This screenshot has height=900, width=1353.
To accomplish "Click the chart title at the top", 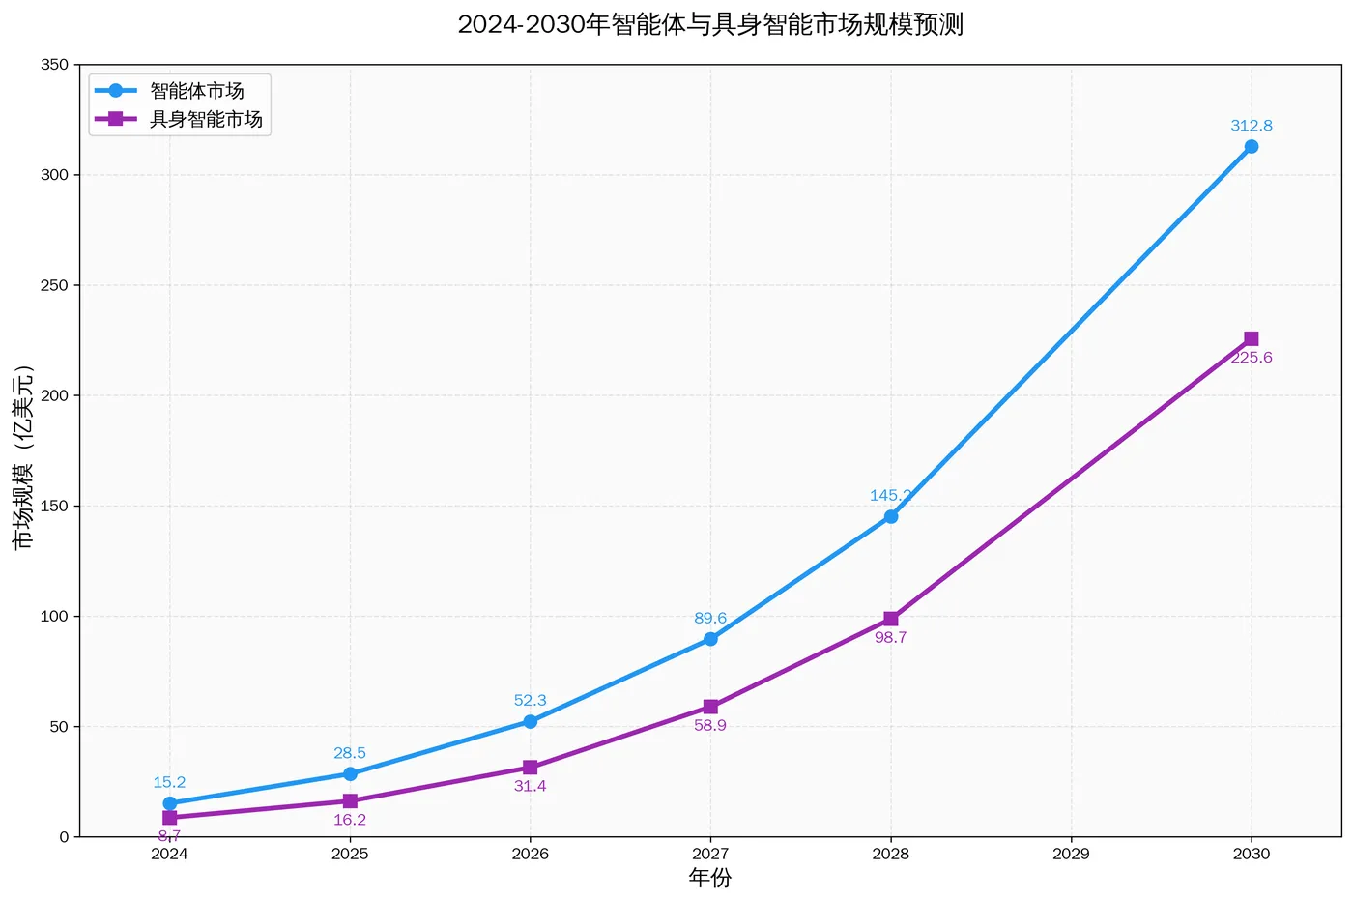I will pos(710,24).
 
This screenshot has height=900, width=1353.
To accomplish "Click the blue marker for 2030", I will pos(1252,147).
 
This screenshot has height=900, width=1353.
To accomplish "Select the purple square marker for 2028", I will pos(891,619).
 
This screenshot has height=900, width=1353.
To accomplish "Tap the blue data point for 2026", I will pos(531,721).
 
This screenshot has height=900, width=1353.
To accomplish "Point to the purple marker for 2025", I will pos(350,801).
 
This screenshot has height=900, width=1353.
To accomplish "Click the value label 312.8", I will pos(1252,126).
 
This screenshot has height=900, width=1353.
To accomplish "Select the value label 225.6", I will pos(1252,358).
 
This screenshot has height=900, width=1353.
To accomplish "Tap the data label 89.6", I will pos(710,619).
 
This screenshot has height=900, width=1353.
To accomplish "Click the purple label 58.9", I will pos(710,726).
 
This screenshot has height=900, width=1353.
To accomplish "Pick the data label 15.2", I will pos(169,783).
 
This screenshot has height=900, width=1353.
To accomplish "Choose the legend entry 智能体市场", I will pos(197,91).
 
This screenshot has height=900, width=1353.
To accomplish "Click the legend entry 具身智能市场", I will pos(206,120).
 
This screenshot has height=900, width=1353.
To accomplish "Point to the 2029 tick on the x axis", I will pos(1071,854).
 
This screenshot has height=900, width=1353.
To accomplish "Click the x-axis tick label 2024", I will pos(169,854).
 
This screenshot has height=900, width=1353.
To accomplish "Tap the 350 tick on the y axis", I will pos(55,65).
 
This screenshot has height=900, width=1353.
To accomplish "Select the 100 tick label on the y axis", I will pos(55,617).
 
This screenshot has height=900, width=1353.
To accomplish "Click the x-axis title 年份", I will pos(710,878).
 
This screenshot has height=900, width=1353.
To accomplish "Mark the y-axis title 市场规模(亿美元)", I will pos(23,456).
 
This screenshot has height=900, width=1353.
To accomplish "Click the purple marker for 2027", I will pos(710,708).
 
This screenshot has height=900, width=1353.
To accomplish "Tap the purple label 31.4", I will pos(531,787).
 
